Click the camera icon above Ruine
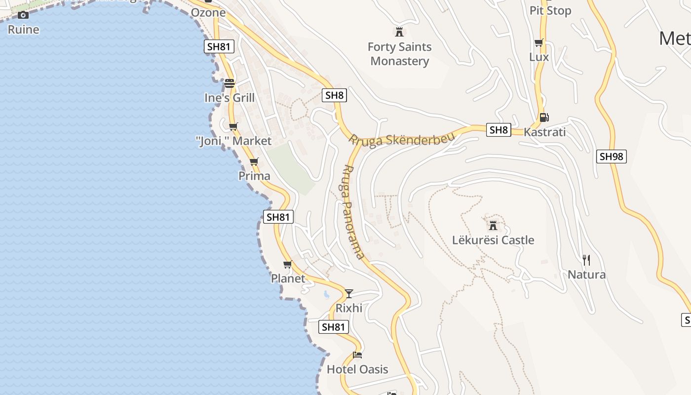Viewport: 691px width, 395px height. (23, 15)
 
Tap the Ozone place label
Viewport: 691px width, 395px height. (208, 13)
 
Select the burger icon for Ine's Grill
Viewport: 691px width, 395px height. (230, 83)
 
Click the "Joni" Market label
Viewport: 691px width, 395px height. (233, 141)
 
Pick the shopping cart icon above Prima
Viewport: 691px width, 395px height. (254, 161)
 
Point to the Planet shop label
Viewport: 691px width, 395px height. (288, 278)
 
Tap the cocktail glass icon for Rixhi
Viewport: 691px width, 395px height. (349, 294)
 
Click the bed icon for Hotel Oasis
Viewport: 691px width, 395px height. (357, 355)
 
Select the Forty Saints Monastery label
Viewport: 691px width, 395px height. (399, 54)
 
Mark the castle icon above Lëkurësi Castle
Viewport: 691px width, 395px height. (493, 226)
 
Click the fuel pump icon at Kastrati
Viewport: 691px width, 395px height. (544, 118)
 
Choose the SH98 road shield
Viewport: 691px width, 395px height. (612, 157)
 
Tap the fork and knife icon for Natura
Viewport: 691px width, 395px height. (586, 260)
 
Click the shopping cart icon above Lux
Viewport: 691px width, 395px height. (538, 43)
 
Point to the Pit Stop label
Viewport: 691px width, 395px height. (550, 11)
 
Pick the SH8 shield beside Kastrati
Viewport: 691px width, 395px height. (499, 130)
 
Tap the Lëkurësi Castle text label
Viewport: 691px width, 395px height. (493, 240)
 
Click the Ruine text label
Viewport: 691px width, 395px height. (23, 30)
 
